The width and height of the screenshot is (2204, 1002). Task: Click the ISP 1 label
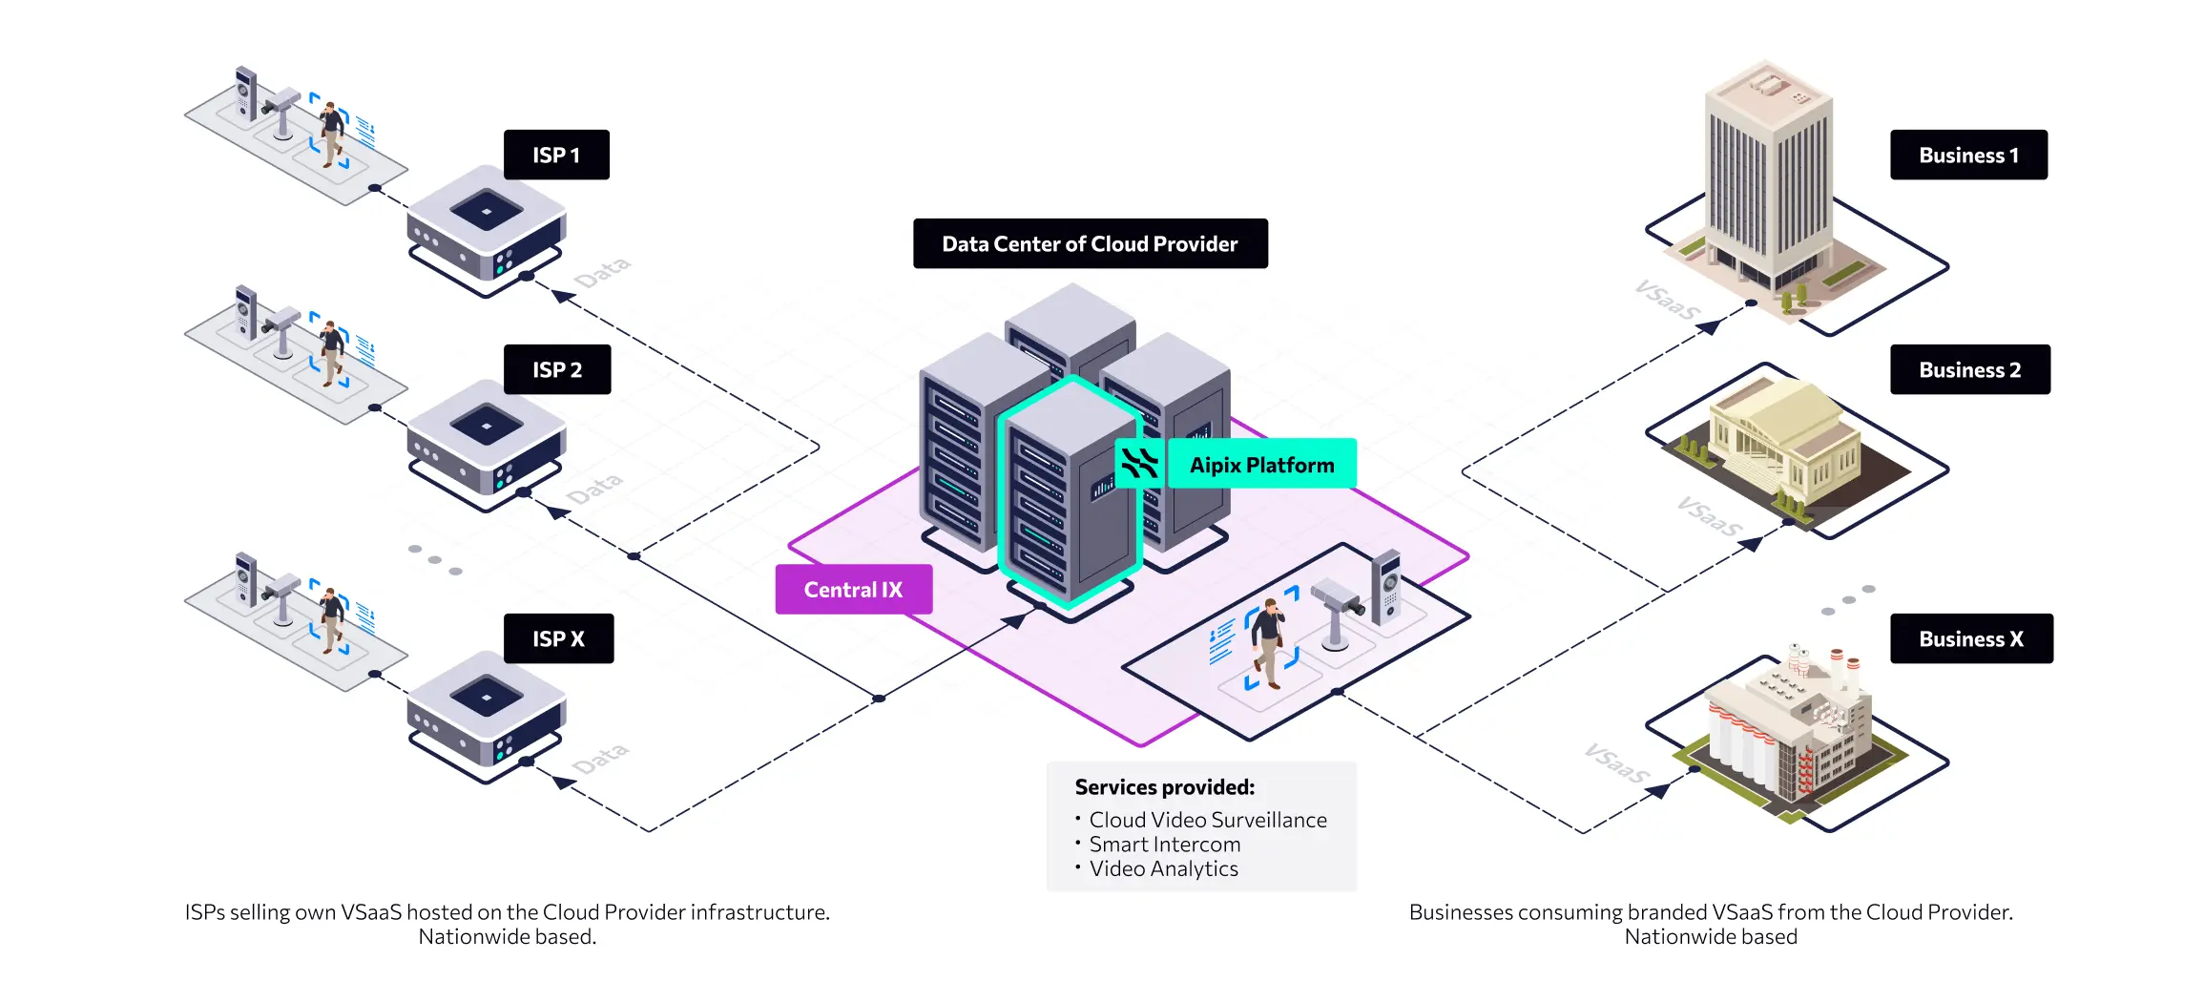[556, 155]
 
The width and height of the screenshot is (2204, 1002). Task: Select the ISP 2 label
[557, 369]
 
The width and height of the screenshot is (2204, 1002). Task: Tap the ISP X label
[558, 638]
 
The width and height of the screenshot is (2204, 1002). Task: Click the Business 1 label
[1968, 155]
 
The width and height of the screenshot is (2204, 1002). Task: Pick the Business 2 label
[1969, 369]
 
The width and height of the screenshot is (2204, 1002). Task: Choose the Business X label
[1971, 638]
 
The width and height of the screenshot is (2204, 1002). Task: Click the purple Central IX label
[853, 590]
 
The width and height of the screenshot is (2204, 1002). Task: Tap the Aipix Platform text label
[1261, 465]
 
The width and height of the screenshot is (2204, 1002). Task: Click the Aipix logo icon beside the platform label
[1139, 464]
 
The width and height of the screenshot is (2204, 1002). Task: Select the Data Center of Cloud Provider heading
[1090, 243]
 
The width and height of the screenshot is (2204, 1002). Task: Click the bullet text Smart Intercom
[1165, 845]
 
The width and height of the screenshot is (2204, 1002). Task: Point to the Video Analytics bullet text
[1163, 869]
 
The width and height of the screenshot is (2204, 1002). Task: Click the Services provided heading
[1164, 787]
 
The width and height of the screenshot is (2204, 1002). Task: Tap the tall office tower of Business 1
[1768, 181]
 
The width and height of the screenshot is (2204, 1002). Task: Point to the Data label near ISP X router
[601, 759]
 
